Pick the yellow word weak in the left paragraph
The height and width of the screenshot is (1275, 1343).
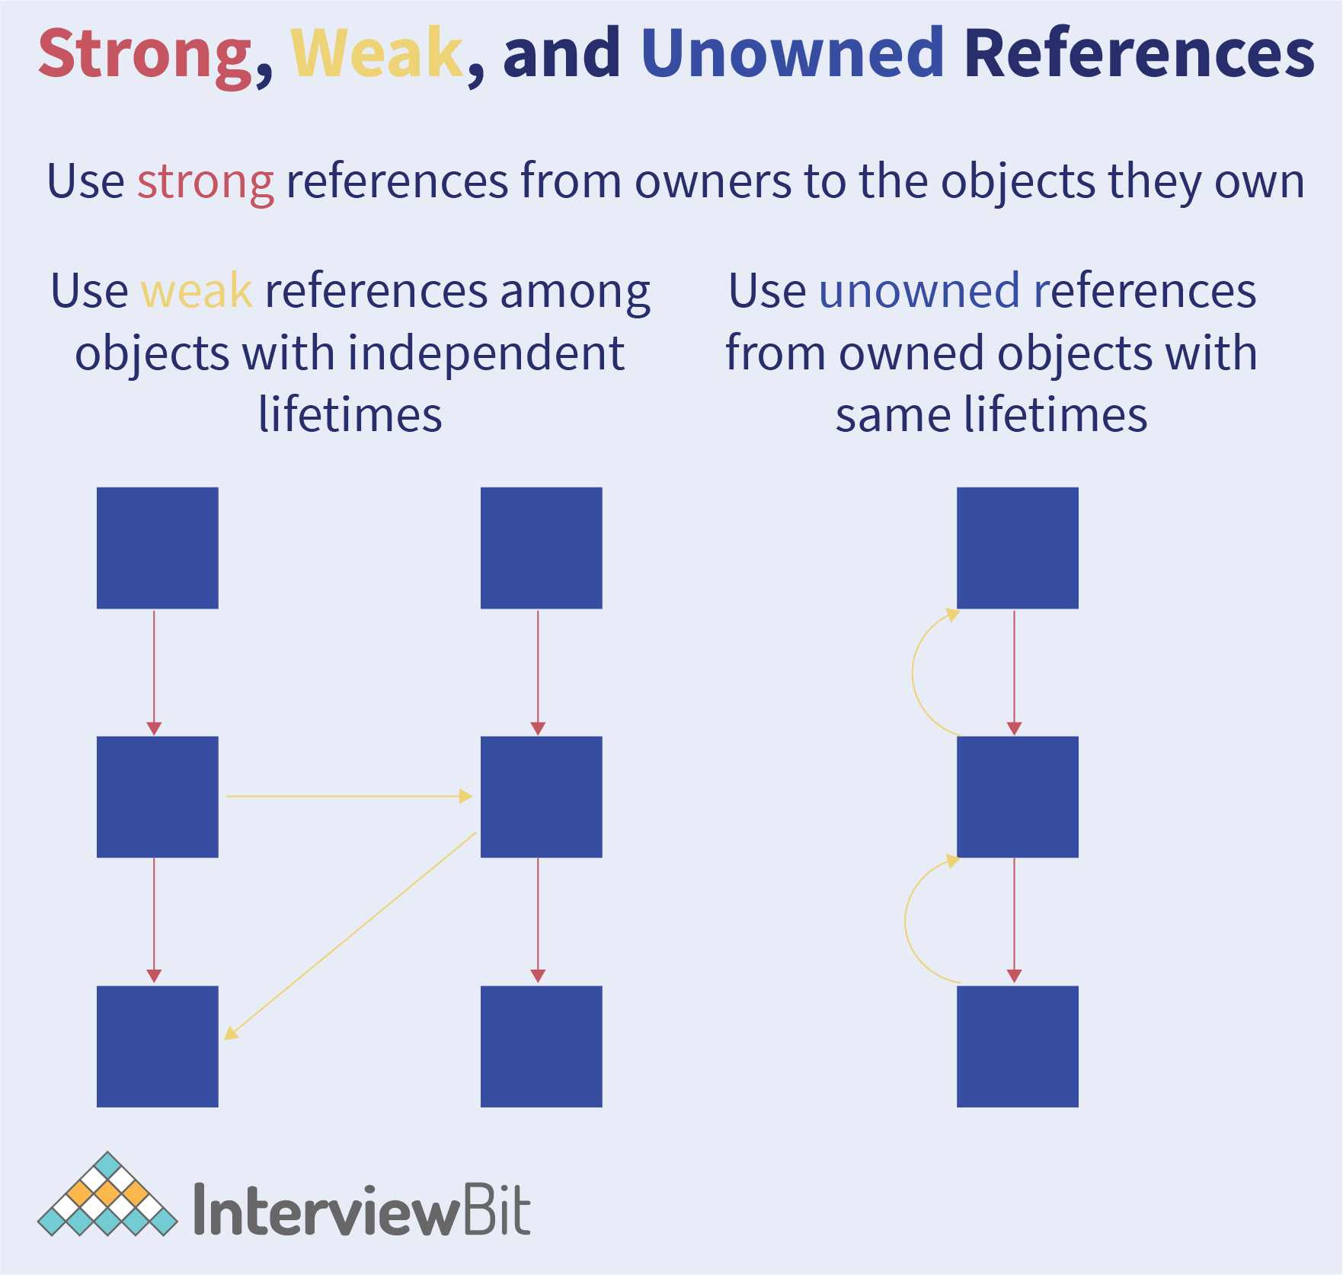(x=197, y=291)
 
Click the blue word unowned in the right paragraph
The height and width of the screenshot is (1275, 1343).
(x=919, y=291)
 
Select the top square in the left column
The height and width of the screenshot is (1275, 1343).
(x=158, y=548)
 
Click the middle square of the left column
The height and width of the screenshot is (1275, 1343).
(x=158, y=797)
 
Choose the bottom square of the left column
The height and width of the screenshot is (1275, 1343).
(x=158, y=1047)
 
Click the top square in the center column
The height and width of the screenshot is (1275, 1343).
(x=542, y=548)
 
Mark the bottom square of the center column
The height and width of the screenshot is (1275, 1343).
(x=542, y=1047)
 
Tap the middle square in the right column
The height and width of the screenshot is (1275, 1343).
(x=1018, y=797)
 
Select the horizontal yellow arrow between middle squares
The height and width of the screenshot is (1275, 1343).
(x=350, y=797)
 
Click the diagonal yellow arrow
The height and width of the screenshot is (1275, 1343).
(x=350, y=935)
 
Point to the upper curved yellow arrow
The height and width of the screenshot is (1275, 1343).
(x=913, y=673)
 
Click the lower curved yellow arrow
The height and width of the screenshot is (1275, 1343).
(x=906, y=922)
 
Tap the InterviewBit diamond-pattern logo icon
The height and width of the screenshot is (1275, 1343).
(x=107, y=1194)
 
